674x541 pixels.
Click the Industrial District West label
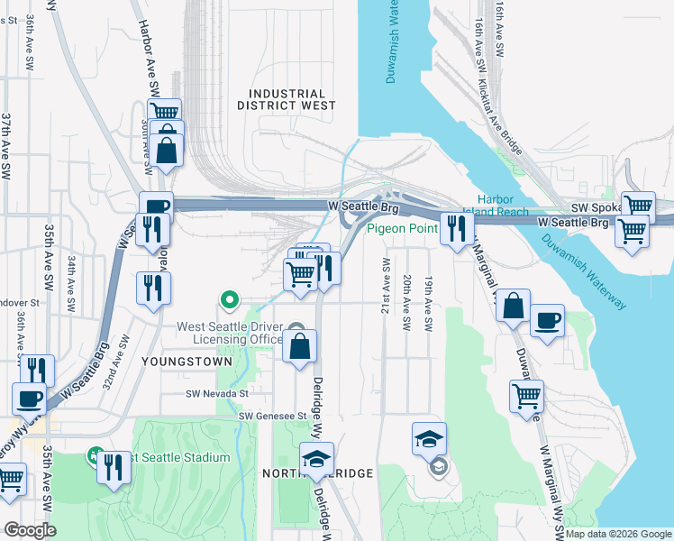point(287,99)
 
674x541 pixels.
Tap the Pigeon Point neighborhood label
point(401,229)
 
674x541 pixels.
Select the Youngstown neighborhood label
point(175,360)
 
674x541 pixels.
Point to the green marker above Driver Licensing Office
point(230,300)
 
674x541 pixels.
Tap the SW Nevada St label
point(216,393)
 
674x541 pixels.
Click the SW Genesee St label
point(270,416)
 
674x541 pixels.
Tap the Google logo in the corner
point(29,530)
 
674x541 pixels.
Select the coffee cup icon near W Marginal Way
point(547,322)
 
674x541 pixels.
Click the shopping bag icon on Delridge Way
point(300,345)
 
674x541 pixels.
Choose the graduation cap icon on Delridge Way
point(316,459)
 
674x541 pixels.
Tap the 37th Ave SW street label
point(5,144)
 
